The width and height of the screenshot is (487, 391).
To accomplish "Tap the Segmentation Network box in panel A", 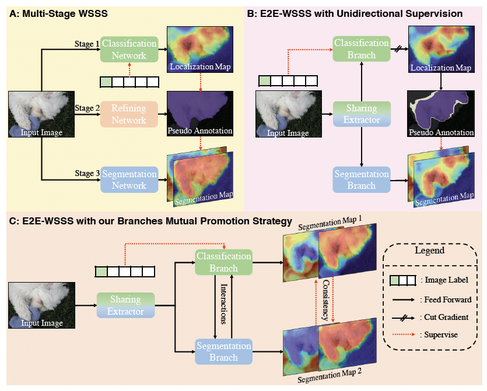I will [x=129, y=179].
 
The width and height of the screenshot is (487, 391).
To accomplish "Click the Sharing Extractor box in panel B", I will [x=361, y=113].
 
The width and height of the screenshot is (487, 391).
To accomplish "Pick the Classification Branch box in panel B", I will [x=361, y=49].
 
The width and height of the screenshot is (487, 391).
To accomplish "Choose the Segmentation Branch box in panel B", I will [x=361, y=179].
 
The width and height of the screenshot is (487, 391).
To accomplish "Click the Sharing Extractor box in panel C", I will [x=126, y=305].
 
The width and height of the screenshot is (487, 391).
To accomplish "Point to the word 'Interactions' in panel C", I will [x=224, y=307].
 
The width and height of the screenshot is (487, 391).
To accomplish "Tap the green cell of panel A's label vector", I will [x=106, y=82].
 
